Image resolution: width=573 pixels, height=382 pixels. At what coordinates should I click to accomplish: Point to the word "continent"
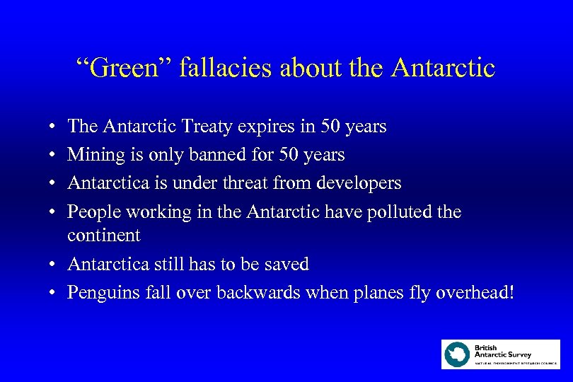(x=103, y=235)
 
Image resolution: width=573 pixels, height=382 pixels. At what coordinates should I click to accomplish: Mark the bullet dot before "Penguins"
(x=53, y=293)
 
